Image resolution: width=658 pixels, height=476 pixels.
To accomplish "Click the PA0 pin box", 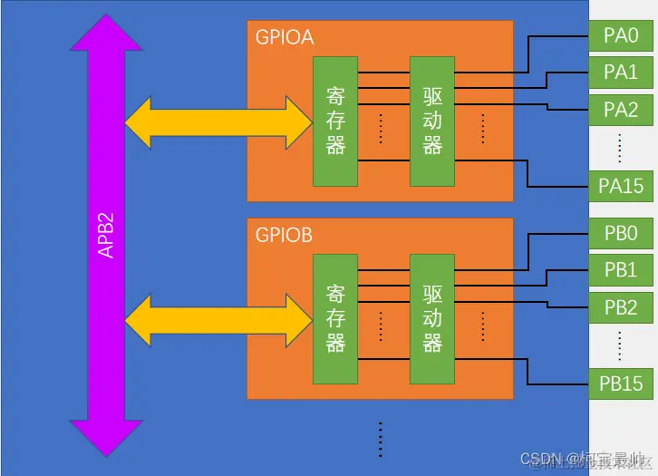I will [621, 37].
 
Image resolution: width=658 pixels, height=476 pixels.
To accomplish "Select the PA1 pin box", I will [621, 72].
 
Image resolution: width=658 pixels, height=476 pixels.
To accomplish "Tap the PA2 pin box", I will [621, 110].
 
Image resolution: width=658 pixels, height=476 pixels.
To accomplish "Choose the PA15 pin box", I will [621, 185].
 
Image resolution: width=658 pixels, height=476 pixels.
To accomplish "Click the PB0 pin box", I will [621, 234].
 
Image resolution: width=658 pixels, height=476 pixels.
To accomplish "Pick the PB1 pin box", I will [621, 269].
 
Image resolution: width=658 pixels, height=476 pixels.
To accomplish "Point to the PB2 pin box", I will [621, 307].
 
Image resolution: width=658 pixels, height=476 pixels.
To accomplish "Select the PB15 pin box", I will [621, 384].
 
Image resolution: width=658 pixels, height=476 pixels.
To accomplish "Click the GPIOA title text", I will [284, 37].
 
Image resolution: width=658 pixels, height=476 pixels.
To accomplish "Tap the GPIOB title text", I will [284, 236].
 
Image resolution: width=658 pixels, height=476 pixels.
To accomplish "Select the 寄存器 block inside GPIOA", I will [335, 121].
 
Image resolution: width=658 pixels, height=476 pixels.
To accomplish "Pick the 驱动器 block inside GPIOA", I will [432, 121].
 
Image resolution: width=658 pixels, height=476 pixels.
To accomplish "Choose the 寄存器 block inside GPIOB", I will [335, 319].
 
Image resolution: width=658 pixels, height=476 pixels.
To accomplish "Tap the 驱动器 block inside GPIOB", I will [432, 319].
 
